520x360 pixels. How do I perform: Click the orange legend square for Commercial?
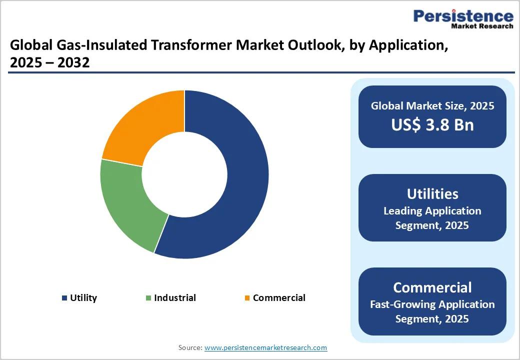(x=247, y=298)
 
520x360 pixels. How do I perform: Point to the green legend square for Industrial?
(x=148, y=298)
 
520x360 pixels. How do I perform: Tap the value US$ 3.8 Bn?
(x=432, y=124)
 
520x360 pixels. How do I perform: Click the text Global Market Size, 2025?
(x=432, y=106)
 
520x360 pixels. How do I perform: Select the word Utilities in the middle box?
(x=432, y=194)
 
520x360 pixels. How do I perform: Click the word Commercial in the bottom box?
(x=432, y=287)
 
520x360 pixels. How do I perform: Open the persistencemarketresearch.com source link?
(x=265, y=347)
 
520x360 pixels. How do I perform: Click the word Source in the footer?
(x=190, y=347)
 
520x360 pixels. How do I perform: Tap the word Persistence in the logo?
(x=463, y=16)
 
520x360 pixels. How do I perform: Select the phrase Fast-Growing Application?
(x=432, y=304)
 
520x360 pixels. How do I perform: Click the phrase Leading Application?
(x=432, y=211)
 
